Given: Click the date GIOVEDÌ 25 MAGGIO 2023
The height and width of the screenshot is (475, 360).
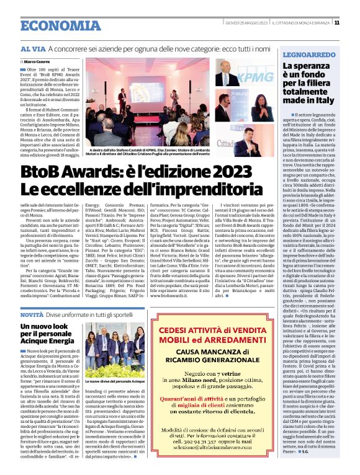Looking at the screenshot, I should (246, 23).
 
